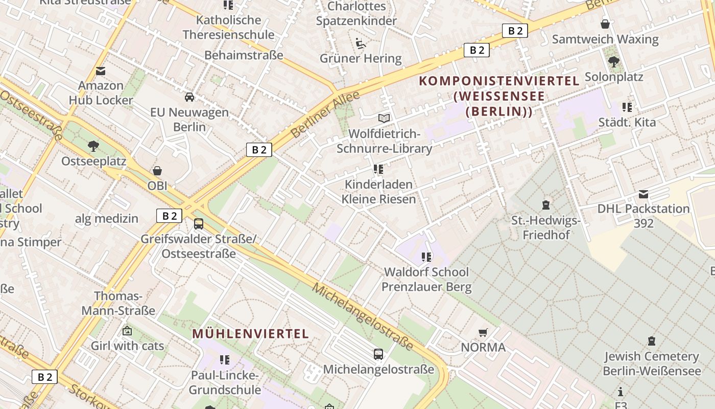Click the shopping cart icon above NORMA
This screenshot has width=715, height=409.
point(483,333)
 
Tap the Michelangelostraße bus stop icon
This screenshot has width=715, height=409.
point(378,354)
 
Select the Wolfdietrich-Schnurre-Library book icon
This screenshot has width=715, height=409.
point(384,118)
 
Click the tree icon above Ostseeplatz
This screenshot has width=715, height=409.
point(93,146)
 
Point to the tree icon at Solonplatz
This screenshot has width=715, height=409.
point(613,62)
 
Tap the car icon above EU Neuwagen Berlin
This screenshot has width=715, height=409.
point(189,97)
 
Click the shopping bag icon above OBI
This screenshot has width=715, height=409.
point(157,171)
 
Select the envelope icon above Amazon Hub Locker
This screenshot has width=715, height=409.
point(101,71)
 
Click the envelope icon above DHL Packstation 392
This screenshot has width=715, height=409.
point(643,194)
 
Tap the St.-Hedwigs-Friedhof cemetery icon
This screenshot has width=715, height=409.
point(546,205)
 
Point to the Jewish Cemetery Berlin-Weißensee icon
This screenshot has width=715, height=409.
point(651,340)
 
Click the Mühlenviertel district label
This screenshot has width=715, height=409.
point(250,334)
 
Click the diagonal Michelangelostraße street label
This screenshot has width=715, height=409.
point(363,317)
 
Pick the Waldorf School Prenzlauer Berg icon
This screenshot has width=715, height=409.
point(426,257)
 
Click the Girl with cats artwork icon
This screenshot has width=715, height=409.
point(127,331)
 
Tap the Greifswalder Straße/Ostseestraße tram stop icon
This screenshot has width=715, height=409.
point(199,223)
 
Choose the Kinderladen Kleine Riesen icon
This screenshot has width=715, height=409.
point(378,169)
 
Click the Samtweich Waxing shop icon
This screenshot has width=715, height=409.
point(605,24)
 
